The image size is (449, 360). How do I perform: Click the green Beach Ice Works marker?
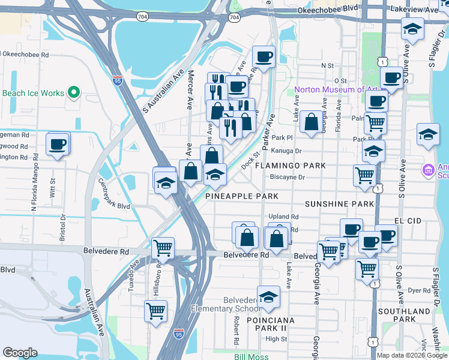click(74, 92)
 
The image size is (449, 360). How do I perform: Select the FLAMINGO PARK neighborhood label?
click(290, 166)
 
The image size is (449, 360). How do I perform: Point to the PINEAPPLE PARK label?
click(242, 196)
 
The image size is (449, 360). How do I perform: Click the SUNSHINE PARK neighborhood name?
click(339, 205)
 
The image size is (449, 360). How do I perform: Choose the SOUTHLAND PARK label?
click(404, 315)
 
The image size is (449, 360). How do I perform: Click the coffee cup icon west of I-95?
click(58, 144)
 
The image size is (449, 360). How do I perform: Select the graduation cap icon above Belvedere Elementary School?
click(268, 296)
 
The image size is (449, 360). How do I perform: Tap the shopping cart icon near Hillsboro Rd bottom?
click(155, 310)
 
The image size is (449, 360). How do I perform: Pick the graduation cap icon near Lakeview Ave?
click(412, 28)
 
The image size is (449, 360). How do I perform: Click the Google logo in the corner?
click(20, 353)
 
